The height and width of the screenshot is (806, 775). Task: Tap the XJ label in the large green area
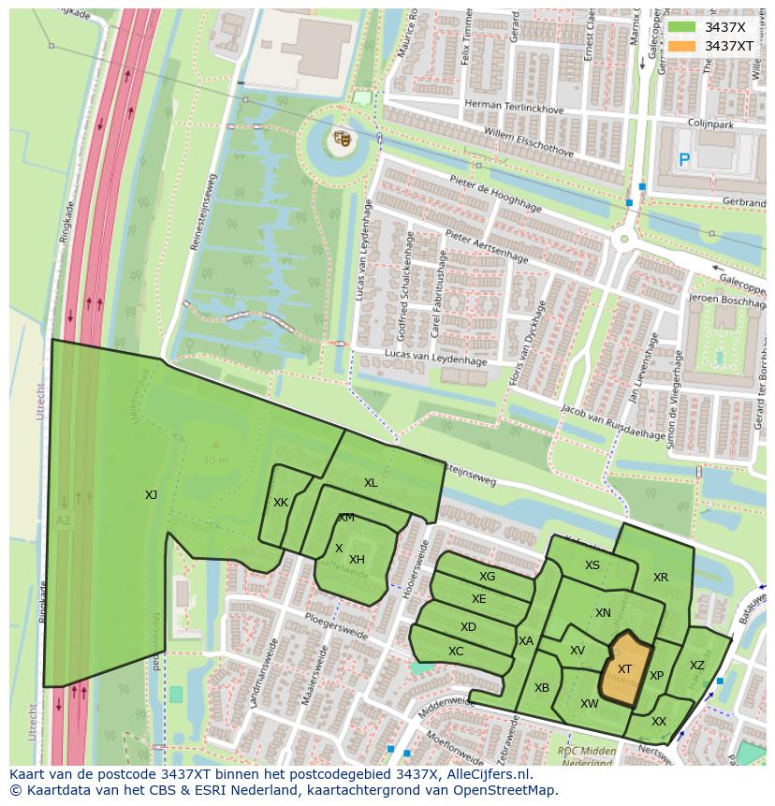coord(151,495)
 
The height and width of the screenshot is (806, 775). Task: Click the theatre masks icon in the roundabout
coord(342,139)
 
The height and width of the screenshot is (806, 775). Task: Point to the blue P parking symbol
coord(684,161)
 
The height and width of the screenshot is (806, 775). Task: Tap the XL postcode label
coord(371,483)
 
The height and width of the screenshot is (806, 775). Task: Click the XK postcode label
coord(281,503)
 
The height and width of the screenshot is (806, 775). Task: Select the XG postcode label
coord(487,577)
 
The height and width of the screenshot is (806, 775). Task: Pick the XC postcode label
coord(456,652)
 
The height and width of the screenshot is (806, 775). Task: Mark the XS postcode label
coord(592,565)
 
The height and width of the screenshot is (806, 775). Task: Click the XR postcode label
coord(661,578)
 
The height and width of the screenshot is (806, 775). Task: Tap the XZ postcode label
coord(697,666)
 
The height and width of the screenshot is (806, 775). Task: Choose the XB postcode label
coord(542,688)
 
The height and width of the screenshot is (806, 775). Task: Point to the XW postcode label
coord(589,704)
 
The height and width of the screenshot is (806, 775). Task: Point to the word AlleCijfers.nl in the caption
coord(484,774)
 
